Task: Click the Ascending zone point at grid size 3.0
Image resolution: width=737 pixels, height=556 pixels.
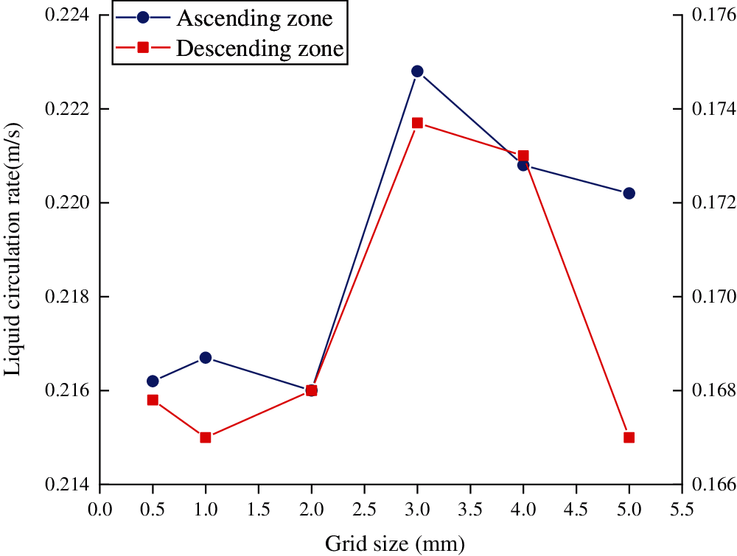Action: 417,71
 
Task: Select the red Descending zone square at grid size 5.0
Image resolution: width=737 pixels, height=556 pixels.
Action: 629,437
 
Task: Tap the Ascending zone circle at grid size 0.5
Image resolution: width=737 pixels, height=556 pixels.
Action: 153,381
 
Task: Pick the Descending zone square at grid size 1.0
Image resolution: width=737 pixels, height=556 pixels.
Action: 206,437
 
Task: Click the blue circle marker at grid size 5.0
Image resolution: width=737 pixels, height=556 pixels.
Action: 629,193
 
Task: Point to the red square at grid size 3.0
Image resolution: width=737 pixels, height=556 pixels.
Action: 417,123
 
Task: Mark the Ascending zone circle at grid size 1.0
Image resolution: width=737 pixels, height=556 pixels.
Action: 206,358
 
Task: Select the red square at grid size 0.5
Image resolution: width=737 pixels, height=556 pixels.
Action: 153,400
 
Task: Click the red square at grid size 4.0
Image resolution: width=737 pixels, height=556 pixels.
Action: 523,155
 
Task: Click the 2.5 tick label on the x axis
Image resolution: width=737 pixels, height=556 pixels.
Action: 364,508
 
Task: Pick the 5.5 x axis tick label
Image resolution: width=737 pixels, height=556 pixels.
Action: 682,508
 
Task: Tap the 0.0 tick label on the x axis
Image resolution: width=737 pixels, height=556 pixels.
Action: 99,508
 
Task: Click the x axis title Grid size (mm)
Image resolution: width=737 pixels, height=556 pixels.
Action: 395,544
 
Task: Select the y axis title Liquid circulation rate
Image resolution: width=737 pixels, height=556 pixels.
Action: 13,250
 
